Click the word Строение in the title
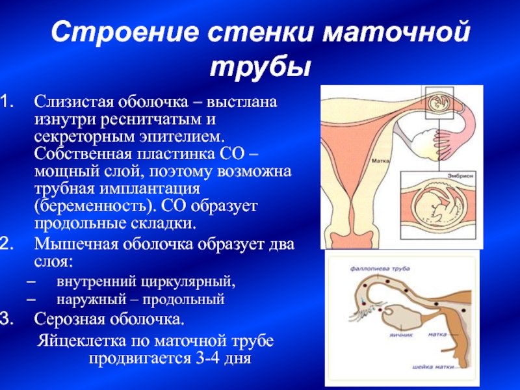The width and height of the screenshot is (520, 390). (x=125, y=32)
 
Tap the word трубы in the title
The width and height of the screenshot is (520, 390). (x=261, y=69)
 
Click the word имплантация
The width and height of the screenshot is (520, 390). (x=151, y=189)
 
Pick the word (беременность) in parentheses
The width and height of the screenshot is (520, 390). (x=96, y=206)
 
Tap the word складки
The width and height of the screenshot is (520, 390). (x=162, y=224)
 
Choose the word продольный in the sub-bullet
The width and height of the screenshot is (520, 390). (x=183, y=300)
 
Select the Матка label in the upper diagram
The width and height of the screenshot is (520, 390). (x=380, y=161)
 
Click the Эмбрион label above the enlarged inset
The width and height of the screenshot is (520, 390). (x=460, y=176)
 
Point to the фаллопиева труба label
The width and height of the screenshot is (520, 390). (x=380, y=268)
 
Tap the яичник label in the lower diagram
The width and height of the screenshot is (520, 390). (x=401, y=335)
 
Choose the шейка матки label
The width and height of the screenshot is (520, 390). (x=433, y=367)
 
